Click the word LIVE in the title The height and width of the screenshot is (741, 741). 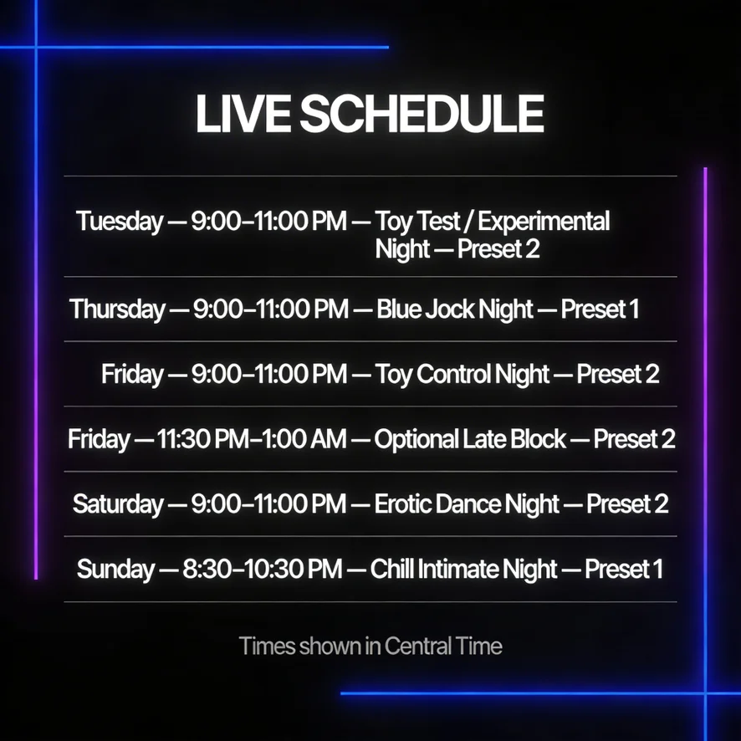tap(243, 114)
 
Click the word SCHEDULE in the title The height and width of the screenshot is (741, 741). tap(422, 114)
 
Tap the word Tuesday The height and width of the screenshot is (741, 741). tap(120, 222)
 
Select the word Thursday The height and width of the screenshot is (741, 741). tap(117, 309)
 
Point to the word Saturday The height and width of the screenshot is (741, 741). tap(118, 503)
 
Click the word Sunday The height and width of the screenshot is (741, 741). tap(115, 569)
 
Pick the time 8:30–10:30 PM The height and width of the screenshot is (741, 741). tap(263, 569)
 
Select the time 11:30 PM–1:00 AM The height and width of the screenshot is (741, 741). tap(252, 439)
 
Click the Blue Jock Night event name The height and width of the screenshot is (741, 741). tap(455, 309)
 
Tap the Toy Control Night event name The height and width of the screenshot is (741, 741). tap(462, 375)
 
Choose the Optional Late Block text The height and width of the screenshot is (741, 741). tap(470, 439)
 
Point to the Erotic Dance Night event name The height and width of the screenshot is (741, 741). tap(467, 503)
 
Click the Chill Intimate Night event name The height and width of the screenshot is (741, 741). tap(463, 569)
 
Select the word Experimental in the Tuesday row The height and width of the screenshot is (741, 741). tap(544, 222)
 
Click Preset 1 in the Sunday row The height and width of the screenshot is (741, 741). tap(624, 569)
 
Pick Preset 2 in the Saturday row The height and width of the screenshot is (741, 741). tap(627, 503)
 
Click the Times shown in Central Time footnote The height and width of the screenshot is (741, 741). tap(370, 646)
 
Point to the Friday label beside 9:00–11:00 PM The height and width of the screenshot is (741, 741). tap(132, 375)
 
